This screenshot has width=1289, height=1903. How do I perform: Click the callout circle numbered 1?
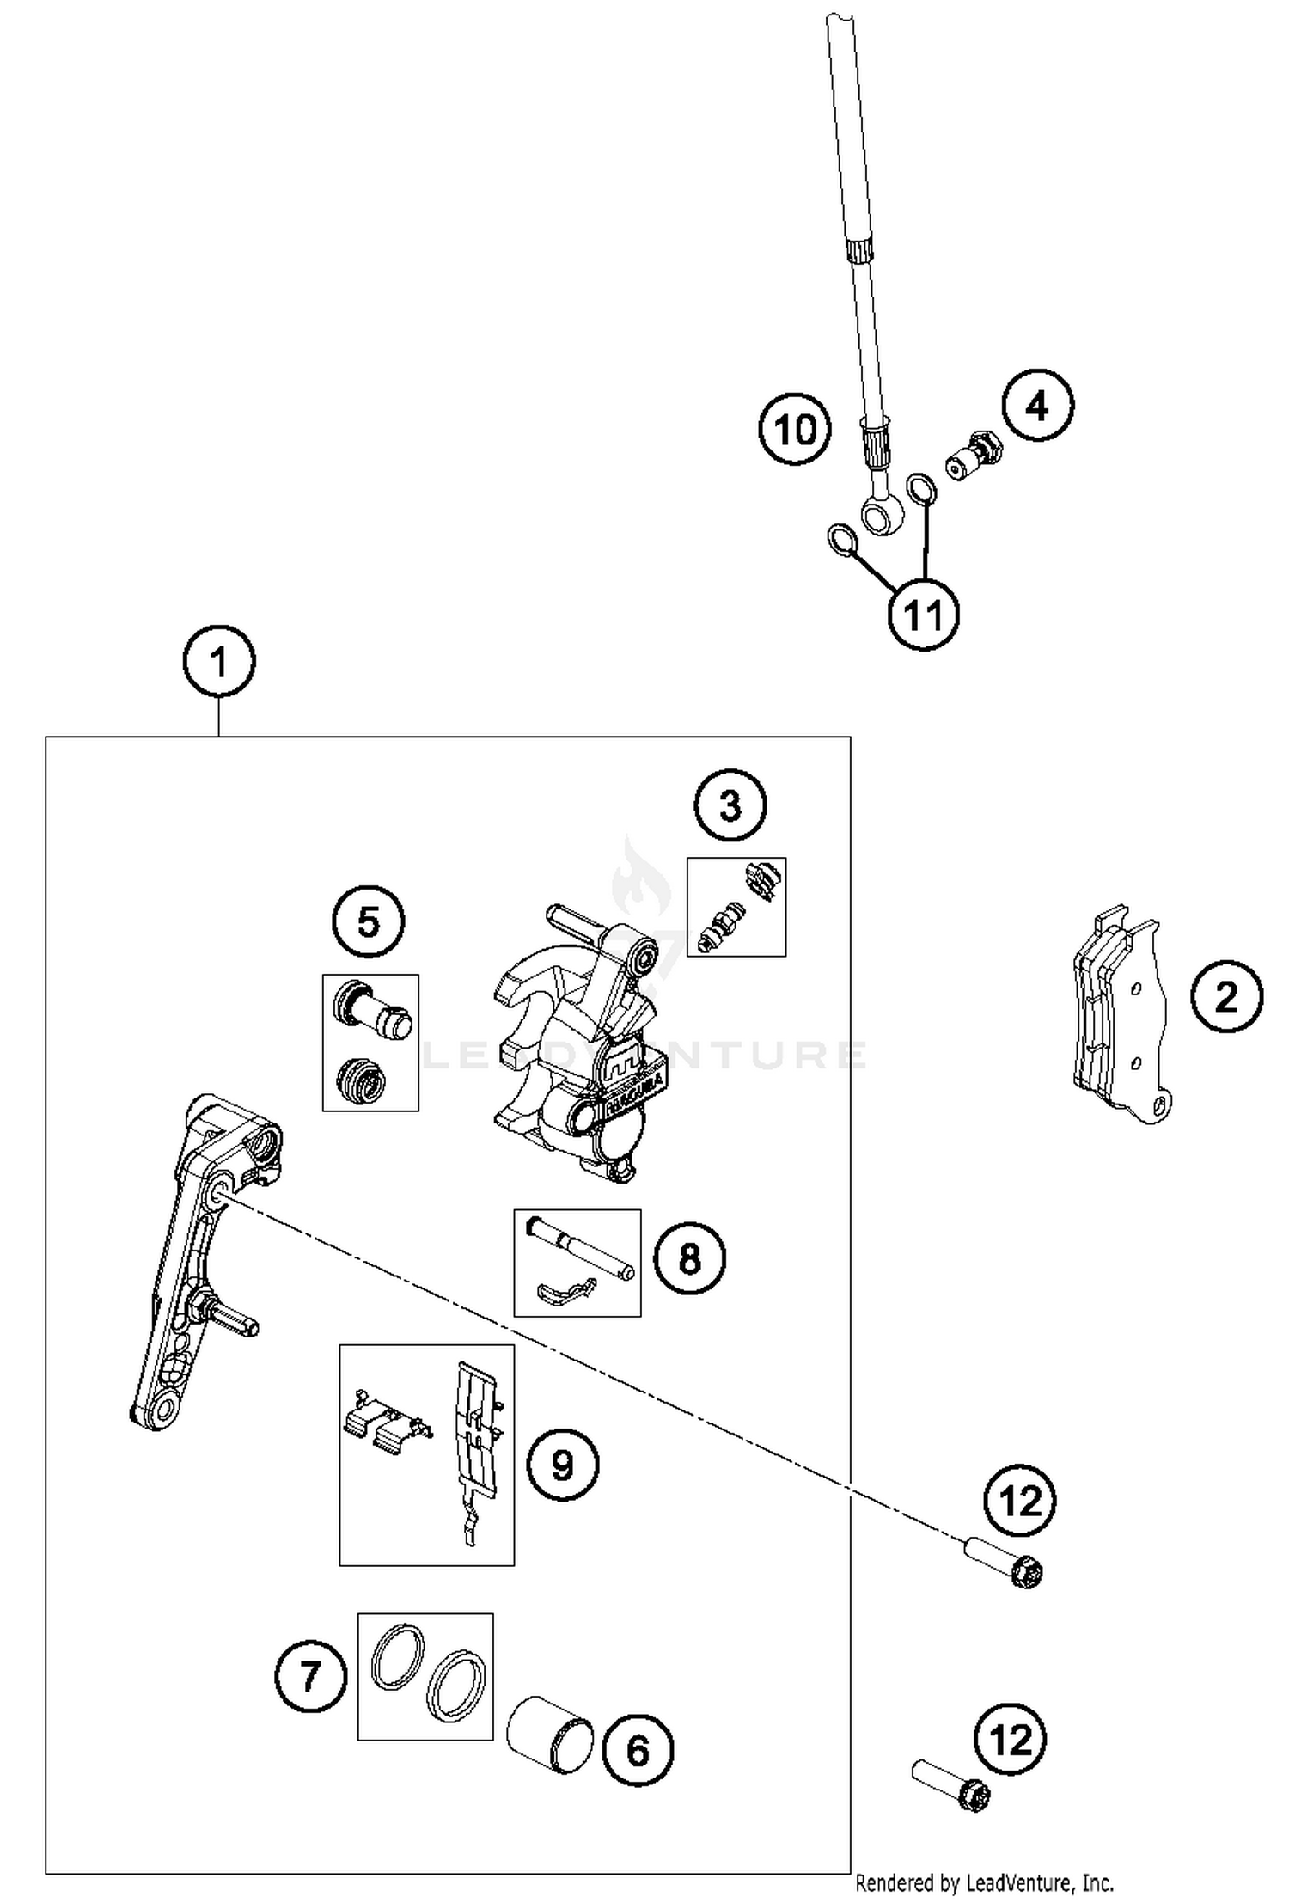219,662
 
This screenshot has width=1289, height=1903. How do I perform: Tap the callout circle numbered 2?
1226,997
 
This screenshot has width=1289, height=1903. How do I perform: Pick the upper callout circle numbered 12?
1021,1501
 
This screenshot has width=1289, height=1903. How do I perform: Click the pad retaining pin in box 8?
581,1246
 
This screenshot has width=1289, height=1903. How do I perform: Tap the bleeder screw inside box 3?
720,927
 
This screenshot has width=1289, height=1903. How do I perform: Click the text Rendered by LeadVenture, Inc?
985,1884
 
